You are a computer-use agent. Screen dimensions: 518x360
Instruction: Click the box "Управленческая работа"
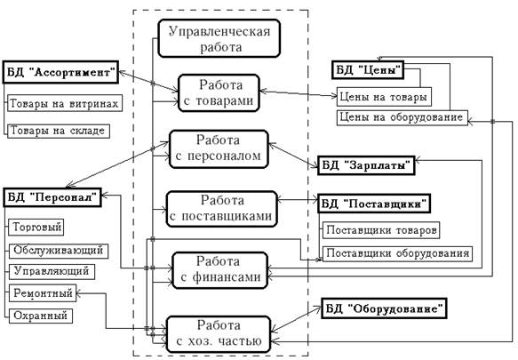[219, 38]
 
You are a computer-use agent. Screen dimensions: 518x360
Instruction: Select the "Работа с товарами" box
[219, 93]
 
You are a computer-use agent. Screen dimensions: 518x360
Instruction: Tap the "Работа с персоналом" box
[219, 149]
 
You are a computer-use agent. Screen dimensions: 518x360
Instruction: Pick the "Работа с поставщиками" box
[221, 209]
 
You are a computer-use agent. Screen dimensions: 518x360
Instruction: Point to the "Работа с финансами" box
[220, 270]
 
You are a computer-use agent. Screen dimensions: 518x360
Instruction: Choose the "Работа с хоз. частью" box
[219, 334]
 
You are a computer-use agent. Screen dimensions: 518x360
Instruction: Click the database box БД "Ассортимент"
[60, 72]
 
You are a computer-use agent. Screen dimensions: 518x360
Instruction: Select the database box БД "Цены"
[368, 69]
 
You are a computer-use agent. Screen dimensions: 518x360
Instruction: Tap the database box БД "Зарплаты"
[366, 165]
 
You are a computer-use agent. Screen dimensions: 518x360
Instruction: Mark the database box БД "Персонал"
[52, 197]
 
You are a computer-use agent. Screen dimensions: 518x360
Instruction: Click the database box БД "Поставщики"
[374, 204]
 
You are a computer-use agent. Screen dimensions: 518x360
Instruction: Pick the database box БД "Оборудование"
[384, 308]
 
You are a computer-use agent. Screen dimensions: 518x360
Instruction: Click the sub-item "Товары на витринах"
[65, 103]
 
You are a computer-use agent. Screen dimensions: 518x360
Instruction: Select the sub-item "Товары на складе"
[59, 131]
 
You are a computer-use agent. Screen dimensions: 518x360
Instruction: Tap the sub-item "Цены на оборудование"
[402, 117]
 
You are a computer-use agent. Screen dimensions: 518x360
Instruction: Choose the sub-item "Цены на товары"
[384, 97]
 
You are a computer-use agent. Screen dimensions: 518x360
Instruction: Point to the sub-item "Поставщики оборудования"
[397, 253]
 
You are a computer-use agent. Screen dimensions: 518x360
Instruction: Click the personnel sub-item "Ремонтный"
[43, 293]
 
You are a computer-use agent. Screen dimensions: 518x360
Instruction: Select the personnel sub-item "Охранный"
[40, 316]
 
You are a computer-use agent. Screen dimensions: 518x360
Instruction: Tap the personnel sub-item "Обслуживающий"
[59, 251]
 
